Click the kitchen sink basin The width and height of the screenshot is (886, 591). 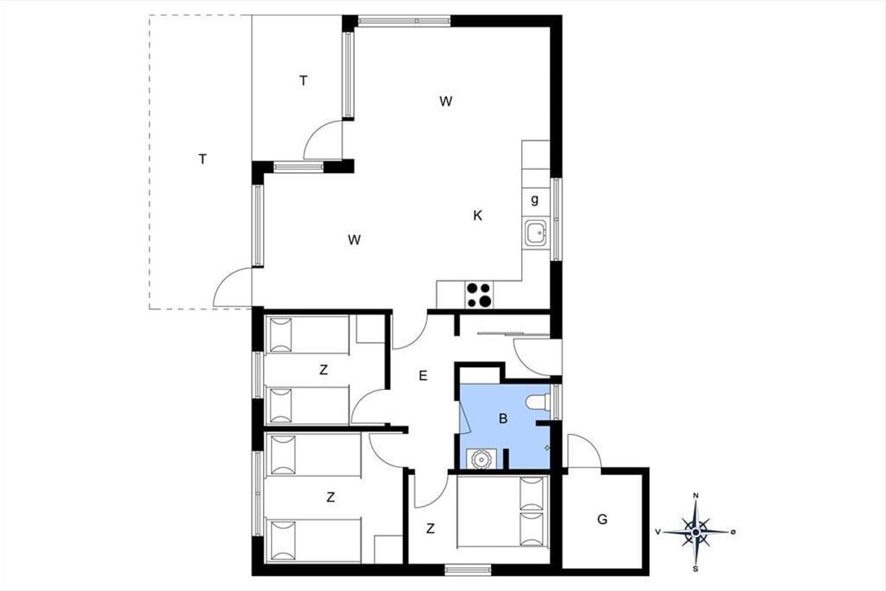536,233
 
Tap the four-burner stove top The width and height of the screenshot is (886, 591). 479,295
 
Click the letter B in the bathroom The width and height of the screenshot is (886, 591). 503,418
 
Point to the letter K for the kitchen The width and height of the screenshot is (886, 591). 478,216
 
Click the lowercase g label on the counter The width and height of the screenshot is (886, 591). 535,200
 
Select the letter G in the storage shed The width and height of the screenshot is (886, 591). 602,519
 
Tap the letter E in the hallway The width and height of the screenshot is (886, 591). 423,376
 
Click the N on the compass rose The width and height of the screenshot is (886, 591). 696,496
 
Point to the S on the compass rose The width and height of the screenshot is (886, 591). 696,570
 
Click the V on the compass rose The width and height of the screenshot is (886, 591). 658,533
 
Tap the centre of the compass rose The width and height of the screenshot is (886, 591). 696,533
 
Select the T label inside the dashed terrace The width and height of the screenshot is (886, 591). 202,160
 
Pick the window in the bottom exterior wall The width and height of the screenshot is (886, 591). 468,570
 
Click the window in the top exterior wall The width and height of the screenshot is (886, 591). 405,21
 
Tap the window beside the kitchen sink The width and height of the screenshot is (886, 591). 557,219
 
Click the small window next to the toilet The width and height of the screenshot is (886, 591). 557,402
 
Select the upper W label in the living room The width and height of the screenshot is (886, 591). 446,101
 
